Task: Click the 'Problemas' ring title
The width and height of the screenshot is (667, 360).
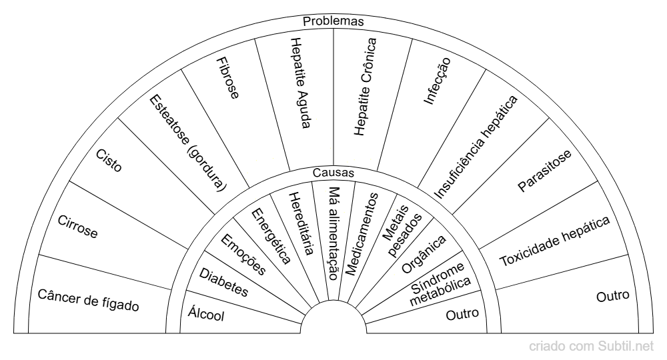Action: pos(333,21)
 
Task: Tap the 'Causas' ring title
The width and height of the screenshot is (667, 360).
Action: pos(333,173)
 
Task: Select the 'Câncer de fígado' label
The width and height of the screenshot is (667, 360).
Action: pos(89,300)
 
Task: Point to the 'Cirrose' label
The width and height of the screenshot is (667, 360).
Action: pos(78,227)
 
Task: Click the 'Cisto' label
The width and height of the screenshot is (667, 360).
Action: pos(109,160)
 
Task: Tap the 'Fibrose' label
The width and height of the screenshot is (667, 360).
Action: pos(227,78)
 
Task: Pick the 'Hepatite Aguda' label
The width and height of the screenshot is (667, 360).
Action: pos(300,83)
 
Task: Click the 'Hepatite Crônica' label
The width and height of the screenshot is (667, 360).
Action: pos(366,87)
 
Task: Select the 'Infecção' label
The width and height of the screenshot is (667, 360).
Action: pos(437,81)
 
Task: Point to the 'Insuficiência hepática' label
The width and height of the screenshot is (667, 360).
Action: pos(476,147)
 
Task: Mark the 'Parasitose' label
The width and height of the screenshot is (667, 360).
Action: pos(544,171)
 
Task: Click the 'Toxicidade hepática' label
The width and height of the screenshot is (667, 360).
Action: pos(555,241)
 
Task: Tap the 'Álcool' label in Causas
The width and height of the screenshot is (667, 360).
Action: pos(206,314)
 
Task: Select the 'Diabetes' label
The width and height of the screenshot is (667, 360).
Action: pos(223,282)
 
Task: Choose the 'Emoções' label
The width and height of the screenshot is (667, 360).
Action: pos(243,255)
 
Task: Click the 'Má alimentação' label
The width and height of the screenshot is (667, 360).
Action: pos(334,233)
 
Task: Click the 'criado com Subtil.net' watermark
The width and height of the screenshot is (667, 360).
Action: pos(591,347)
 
